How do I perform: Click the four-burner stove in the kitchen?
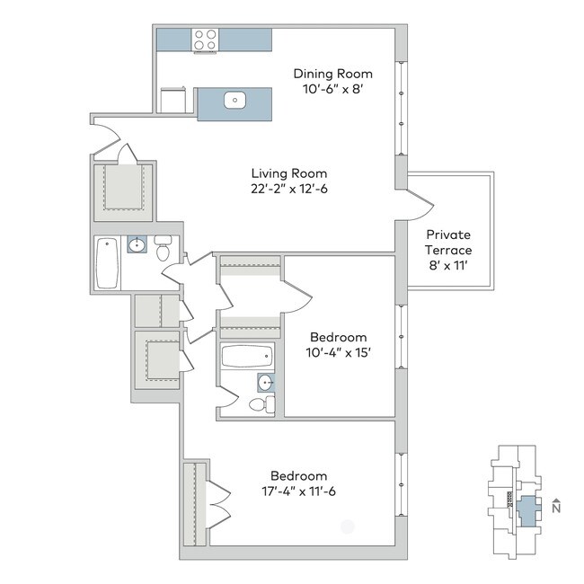pyautogui.click(x=205, y=40)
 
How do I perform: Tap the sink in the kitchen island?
pyautogui.click(x=235, y=101)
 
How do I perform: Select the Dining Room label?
pyautogui.click(x=333, y=74)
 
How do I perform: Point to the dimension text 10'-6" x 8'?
pyautogui.click(x=333, y=91)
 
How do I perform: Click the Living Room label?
pyautogui.click(x=288, y=173)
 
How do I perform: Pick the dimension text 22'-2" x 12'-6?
pyautogui.click(x=288, y=190)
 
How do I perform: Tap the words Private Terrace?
pyautogui.click(x=449, y=242)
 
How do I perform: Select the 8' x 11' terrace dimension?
pyautogui.click(x=449, y=266)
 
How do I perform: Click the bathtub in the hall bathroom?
pyautogui.click(x=107, y=262)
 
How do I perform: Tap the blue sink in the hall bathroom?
pyautogui.click(x=137, y=244)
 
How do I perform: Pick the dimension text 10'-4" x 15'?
pyautogui.click(x=340, y=352)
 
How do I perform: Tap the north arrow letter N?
pyautogui.click(x=555, y=507)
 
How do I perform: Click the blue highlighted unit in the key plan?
pyautogui.click(x=527, y=509)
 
